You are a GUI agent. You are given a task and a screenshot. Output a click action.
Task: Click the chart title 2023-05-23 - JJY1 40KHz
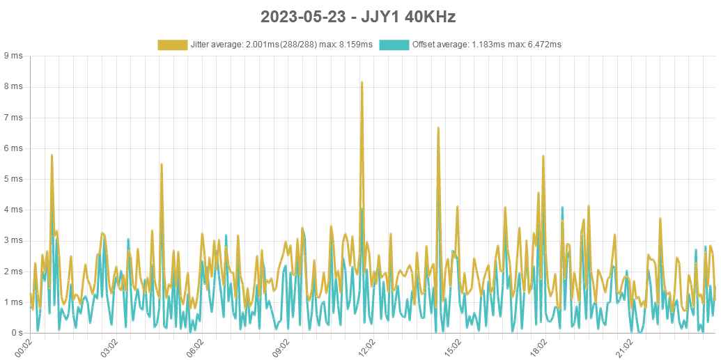pos(358,17)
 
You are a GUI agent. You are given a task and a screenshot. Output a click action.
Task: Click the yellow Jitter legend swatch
pos(172,45)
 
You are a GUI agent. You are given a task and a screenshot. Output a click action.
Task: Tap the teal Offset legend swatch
pos(394,45)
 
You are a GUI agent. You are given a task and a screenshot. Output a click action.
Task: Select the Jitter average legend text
pos(281,45)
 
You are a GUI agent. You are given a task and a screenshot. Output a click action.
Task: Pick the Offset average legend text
pos(487,45)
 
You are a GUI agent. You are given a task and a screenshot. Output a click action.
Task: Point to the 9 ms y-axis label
pos(13,56)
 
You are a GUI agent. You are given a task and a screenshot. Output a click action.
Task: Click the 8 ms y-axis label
pos(13,86)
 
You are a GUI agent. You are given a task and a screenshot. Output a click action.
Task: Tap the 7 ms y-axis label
pos(13,118)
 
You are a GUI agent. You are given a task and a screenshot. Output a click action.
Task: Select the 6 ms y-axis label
pos(13,148)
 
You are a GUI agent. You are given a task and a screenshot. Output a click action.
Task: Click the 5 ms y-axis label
pos(13,179)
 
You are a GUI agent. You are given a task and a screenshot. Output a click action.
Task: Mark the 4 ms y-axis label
pos(13,210)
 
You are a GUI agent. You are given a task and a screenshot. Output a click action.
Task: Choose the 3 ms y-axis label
pos(13,240)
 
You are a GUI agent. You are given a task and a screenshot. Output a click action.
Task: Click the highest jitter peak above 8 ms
pos(362,82)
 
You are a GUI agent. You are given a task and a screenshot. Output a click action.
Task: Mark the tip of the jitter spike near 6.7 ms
pos(438,127)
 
